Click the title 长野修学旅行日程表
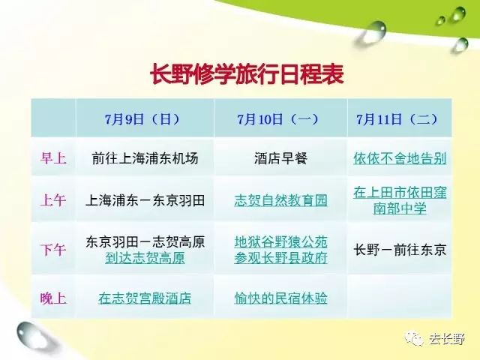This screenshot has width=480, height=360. (x=247, y=74)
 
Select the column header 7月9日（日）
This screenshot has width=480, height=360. (x=142, y=119)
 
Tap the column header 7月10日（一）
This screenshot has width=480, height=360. (x=278, y=119)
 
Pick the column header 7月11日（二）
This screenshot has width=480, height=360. (x=397, y=119)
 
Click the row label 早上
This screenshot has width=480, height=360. (x=53, y=158)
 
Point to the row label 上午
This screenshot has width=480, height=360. (x=53, y=200)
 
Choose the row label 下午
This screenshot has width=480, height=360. (x=53, y=250)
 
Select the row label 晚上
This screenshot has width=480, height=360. (x=53, y=298)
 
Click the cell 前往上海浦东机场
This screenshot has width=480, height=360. (x=145, y=158)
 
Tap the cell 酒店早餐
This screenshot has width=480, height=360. (x=280, y=158)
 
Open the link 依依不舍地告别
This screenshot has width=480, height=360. (x=400, y=158)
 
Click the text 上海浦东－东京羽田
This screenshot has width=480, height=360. (x=145, y=200)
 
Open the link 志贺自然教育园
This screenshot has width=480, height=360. (x=280, y=200)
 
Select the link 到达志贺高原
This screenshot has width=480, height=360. (x=145, y=258)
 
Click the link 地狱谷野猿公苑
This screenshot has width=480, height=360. (x=280, y=241)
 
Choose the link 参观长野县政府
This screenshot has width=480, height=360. (x=280, y=258)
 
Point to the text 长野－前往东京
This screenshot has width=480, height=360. (x=400, y=250)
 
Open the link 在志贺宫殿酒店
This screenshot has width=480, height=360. (x=145, y=298)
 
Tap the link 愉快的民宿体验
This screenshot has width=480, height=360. (x=280, y=298)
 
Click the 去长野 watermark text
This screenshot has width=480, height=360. (x=447, y=339)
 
